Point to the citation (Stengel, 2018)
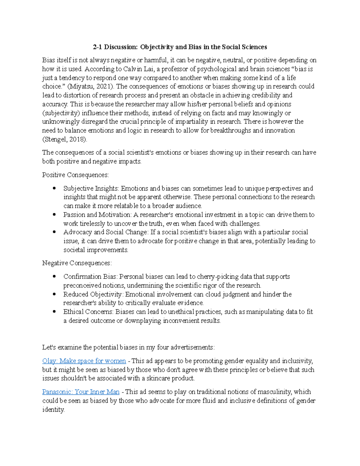click(64, 139)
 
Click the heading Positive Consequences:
click(76, 175)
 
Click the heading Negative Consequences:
click(77, 263)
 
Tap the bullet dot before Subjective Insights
click(54, 188)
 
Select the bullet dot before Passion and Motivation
click(54, 215)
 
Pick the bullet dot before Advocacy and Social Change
click(54, 232)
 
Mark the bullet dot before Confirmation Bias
click(54, 277)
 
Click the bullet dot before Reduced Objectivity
click(54, 294)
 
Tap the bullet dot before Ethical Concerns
click(54, 312)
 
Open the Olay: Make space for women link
click(84, 361)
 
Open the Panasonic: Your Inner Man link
click(81, 392)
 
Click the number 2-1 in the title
click(97, 47)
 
